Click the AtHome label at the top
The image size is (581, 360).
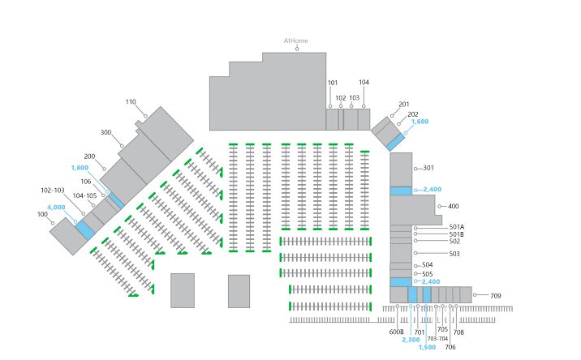coord(295,41)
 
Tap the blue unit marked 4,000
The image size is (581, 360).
coord(85,229)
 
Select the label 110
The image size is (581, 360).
coord(131,102)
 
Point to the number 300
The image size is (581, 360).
coord(106,132)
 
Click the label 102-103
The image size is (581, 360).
coord(53,191)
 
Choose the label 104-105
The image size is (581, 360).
coord(84,195)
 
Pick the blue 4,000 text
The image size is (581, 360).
coord(56,207)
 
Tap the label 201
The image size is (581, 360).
coord(404,105)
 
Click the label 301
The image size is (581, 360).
coord(428,168)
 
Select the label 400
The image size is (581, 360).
coord(454,206)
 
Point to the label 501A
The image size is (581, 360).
coord(457,227)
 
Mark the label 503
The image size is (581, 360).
coord(454,254)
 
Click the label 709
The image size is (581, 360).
coord(496,296)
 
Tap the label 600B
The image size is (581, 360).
coord(396,332)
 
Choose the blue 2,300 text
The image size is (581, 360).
coord(411,340)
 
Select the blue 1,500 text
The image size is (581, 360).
coord(427,347)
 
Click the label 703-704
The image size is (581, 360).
coord(437,339)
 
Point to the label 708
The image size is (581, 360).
coord(458,332)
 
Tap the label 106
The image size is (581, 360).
coord(86,182)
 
